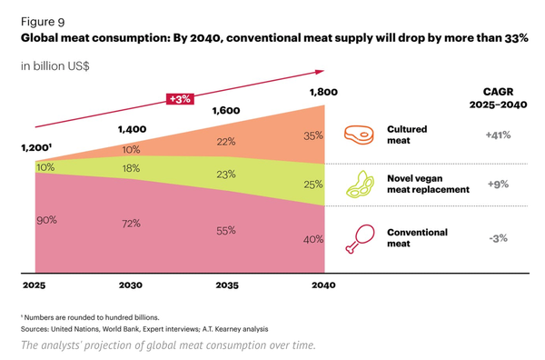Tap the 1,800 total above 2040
pos(322,92)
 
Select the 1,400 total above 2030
pos(131,130)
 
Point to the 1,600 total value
pos(225,111)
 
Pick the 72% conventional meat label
pos(131,223)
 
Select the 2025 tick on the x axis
pos(34,285)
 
